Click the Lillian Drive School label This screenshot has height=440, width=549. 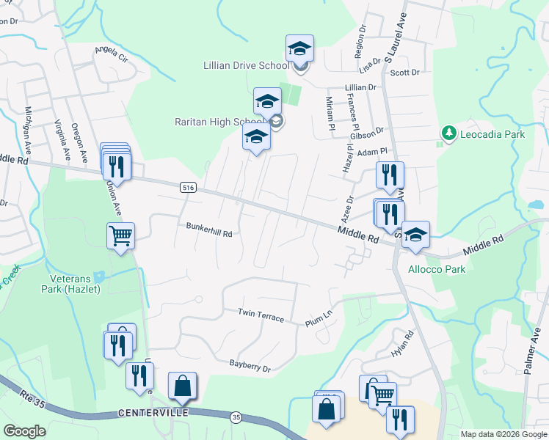click(x=246, y=66)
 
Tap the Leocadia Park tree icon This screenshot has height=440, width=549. click(x=448, y=133)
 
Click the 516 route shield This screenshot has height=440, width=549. click(x=189, y=188)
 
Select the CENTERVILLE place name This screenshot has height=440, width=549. click(x=153, y=413)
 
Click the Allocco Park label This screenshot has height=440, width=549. click(x=437, y=269)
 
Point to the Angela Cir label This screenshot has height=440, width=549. click(x=111, y=54)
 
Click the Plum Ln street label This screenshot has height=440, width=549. click(x=319, y=320)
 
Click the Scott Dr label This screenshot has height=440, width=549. click(x=404, y=73)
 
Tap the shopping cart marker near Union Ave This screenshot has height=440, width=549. click(x=120, y=236)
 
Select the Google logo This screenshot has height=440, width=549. click(x=25, y=430)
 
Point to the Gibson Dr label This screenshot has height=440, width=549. click(x=367, y=133)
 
